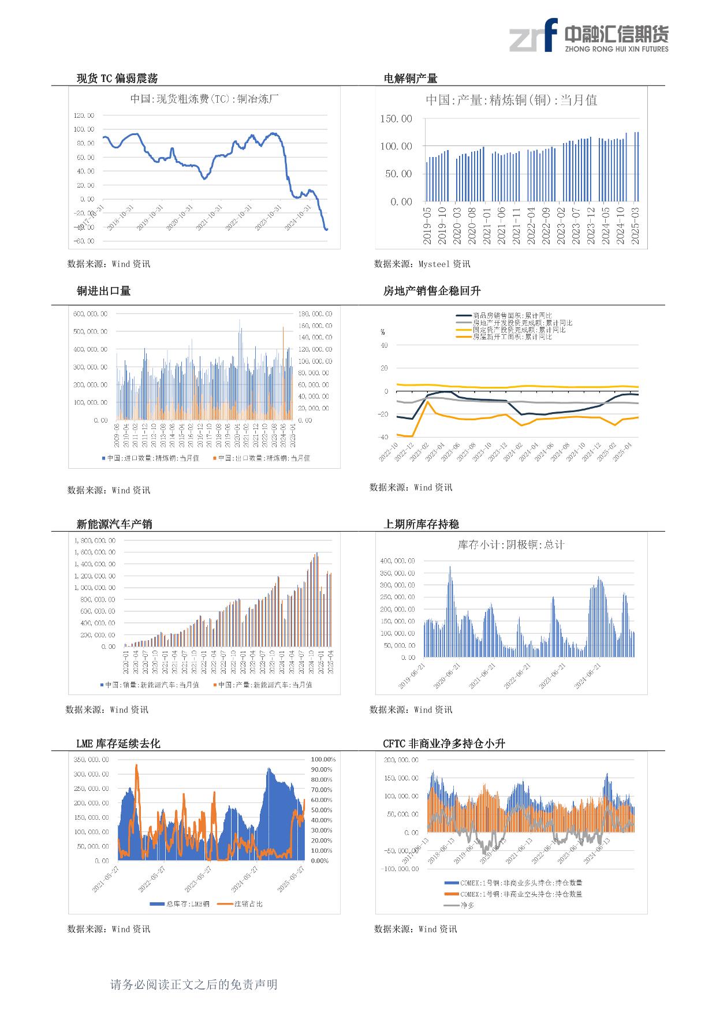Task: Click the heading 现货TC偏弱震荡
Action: tap(117, 79)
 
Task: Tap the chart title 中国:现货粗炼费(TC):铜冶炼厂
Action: tap(204, 99)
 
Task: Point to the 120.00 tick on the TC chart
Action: tap(84, 115)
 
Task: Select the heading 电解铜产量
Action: tap(411, 79)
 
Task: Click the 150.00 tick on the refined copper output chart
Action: tap(396, 119)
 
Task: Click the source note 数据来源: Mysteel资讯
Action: tap(422, 264)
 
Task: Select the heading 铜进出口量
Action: tap(103, 291)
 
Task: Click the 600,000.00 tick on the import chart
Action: tap(90, 314)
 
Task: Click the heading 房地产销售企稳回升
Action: tap(424, 291)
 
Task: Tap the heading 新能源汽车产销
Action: tap(114, 524)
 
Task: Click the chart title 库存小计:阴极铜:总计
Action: tap(511, 544)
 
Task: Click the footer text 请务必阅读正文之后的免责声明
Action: tap(194, 984)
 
